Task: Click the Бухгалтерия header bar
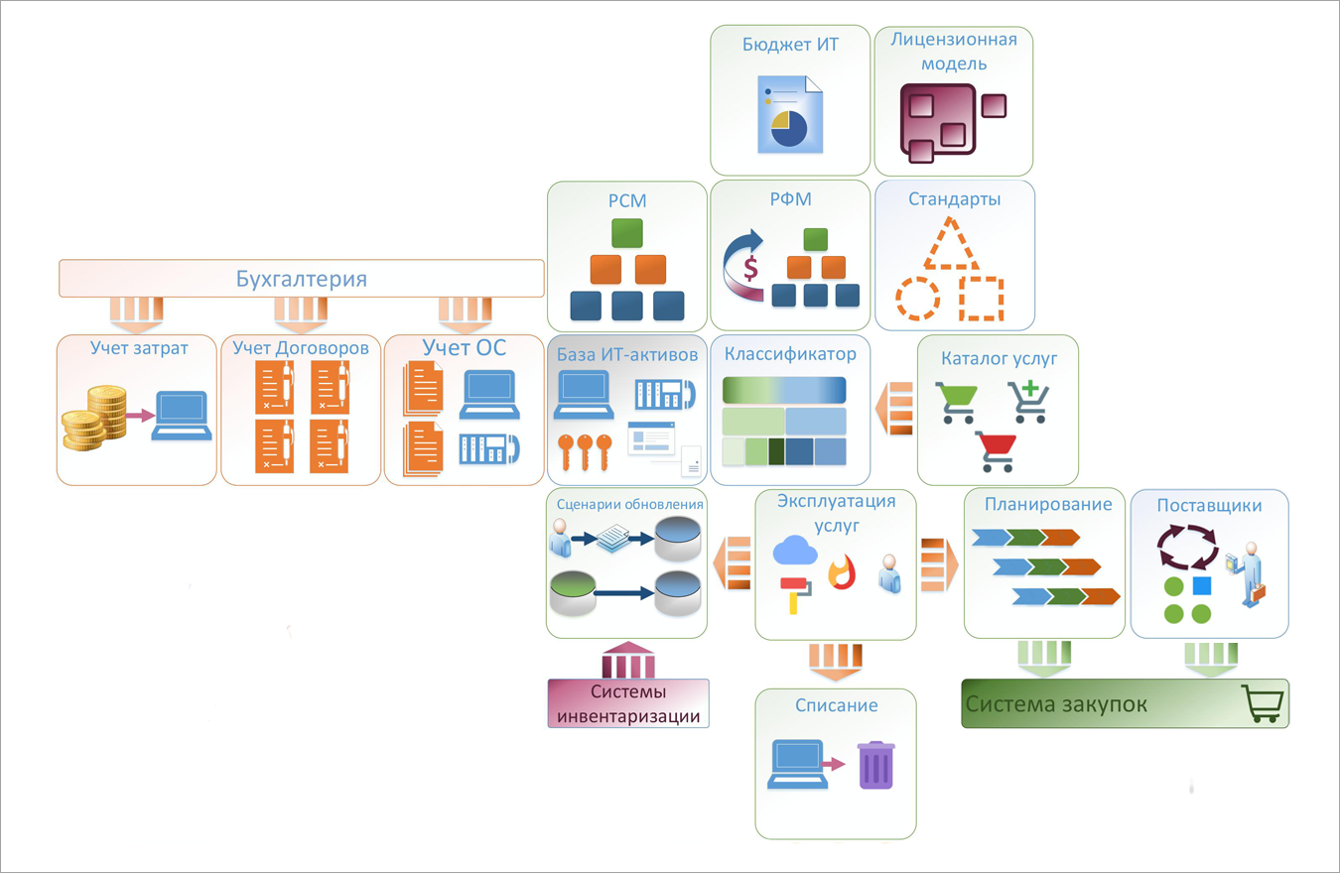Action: coord(302,278)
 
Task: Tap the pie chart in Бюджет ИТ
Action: coord(788,129)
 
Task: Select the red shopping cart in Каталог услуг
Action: coord(995,451)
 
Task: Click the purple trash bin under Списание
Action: coord(875,766)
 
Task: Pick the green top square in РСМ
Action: coord(627,233)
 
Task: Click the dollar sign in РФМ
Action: coord(750,267)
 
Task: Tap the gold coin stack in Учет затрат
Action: coord(94,418)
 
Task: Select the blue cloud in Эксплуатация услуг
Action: coord(794,551)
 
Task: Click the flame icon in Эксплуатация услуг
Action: coord(842,572)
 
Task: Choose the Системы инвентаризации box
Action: coord(628,703)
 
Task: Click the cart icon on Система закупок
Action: coord(1263,703)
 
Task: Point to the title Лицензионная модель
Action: coord(954,52)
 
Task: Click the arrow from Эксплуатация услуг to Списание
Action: coord(836,663)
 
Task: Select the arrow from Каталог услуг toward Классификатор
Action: coord(894,409)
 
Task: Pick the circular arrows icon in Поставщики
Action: coord(1187,548)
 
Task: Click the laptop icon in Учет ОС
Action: coord(489,395)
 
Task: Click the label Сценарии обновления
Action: coord(629,504)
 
